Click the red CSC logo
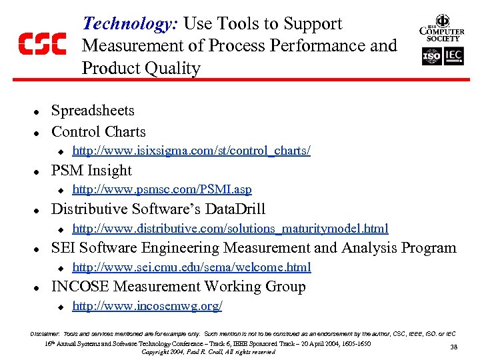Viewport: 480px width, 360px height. click(41, 45)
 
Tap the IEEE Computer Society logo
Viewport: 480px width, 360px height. click(442, 29)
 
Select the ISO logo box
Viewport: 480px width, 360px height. click(431, 57)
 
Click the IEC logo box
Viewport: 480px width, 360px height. click(453, 57)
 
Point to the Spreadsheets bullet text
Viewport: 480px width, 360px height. click(93, 111)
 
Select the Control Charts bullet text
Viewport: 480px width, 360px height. click(98, 131)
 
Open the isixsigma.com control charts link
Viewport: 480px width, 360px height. click(191, 151)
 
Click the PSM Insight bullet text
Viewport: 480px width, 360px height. click(91, 171)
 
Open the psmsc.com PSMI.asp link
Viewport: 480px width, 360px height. click(161, 190)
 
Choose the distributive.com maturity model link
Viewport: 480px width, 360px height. click(230, 229)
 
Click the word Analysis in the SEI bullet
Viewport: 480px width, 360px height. click(373, 248)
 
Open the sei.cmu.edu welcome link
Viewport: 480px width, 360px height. click(191, 267)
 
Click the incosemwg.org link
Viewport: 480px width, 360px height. click(147, 306)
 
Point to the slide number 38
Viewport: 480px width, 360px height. click(453, 347)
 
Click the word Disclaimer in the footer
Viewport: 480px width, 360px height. click(45, 333)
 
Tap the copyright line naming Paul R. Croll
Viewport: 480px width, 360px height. click(209, 351)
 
